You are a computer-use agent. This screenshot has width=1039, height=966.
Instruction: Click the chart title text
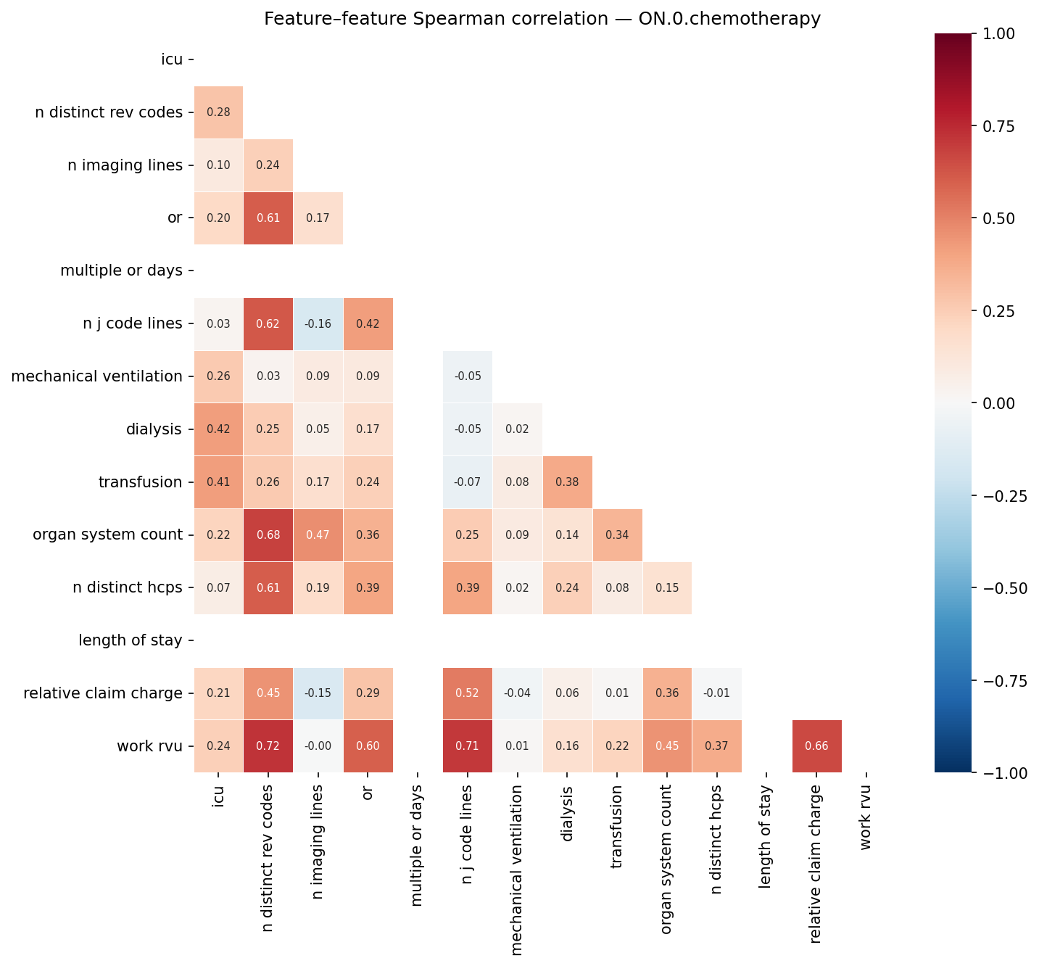tap(542, 19)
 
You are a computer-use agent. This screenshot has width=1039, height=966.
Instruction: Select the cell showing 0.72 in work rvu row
tap(268, 746)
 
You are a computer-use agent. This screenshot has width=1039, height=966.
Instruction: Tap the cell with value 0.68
tap(268, 534)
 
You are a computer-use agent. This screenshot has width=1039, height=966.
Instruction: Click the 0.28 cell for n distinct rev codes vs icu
tap(218, 112)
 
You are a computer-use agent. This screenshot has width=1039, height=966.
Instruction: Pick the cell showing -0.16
tap(318, 323)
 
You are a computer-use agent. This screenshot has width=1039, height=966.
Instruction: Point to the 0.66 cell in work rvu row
tap(816, 746)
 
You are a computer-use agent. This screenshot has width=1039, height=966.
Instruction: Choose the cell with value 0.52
tap(468, 693)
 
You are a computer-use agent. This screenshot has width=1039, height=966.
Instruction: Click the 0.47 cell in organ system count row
tap(318, 534)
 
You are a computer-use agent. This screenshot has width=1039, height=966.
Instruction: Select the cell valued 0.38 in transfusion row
tap(567, 482)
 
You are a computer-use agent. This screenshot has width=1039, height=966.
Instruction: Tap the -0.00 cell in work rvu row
tap(318, 746)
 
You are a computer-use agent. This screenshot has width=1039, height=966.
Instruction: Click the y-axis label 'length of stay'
tap(131, 640)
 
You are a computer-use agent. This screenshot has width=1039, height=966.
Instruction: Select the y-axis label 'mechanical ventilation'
tap(96, 376)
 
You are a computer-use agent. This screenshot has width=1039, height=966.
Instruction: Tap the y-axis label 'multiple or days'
tap(121, 271)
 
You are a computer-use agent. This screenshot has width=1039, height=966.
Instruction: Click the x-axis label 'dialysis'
tap(567, 813)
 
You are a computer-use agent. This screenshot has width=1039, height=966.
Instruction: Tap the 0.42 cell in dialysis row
tap(218, 429)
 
